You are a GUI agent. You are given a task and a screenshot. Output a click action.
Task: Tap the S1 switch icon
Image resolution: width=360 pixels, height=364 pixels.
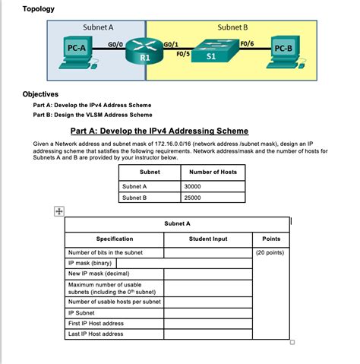(x=210, y=52)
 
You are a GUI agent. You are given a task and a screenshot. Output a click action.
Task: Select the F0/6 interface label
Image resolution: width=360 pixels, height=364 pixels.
(x=247, y=44)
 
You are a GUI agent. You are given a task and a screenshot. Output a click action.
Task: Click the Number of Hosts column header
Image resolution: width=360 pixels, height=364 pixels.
(x=212, y=172)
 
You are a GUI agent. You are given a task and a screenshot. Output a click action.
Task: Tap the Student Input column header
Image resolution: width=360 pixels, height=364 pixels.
(x=207, y=239)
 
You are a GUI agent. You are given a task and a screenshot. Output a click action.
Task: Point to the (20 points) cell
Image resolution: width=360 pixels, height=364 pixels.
(x=270, y=252)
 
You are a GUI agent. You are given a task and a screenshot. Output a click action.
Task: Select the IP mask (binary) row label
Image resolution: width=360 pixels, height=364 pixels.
(x=91, y=263)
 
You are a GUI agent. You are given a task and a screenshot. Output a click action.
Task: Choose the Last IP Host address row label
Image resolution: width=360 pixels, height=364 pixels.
(x=96, y=334)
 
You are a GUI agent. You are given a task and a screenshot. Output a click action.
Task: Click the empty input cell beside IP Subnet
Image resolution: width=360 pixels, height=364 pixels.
(x=207, y=312)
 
